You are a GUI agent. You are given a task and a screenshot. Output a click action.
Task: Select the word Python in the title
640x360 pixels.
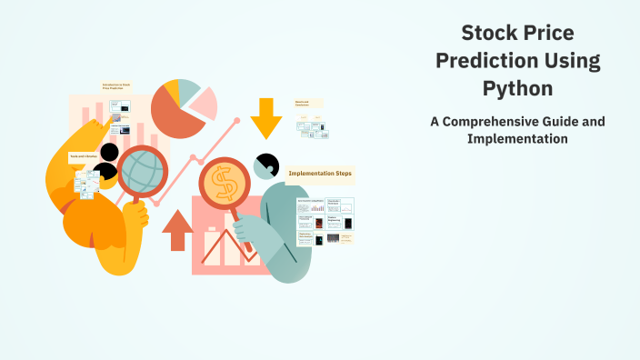[x=517, y=89]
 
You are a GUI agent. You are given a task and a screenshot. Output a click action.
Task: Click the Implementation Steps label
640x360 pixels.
[x=319, y=173]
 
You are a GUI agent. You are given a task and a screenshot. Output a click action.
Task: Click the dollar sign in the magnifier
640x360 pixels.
[x=222, y=185]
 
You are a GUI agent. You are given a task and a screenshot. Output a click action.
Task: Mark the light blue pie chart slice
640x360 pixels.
[x=188, y=90]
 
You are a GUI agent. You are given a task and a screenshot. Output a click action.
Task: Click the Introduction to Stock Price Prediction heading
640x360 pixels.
[x=117, y=89]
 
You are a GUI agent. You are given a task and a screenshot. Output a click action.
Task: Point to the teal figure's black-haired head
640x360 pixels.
[x=265, y=165]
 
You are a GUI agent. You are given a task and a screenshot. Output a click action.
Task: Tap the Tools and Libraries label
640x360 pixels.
[x=84, y=156]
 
